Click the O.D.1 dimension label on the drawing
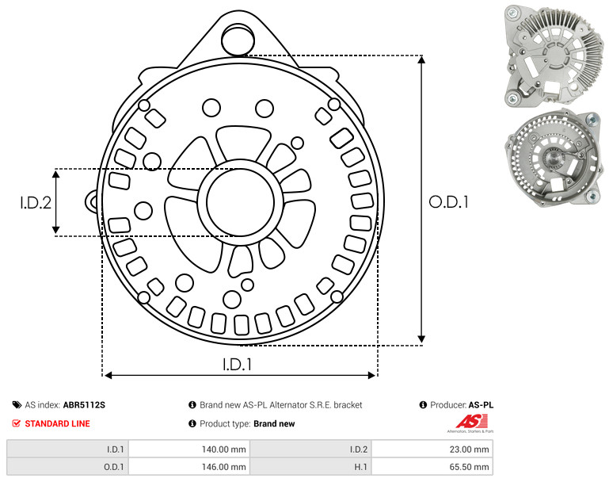coord(448,202)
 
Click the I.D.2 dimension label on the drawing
coord(36,203)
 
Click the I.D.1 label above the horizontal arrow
coord(238,365)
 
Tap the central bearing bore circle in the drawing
coord(241,202)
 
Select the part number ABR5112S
coord(84,405)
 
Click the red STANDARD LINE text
coord(58,423)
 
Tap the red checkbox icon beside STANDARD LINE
coord(17,423)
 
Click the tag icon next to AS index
coord(17,405)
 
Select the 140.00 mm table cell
coord(189,449)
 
